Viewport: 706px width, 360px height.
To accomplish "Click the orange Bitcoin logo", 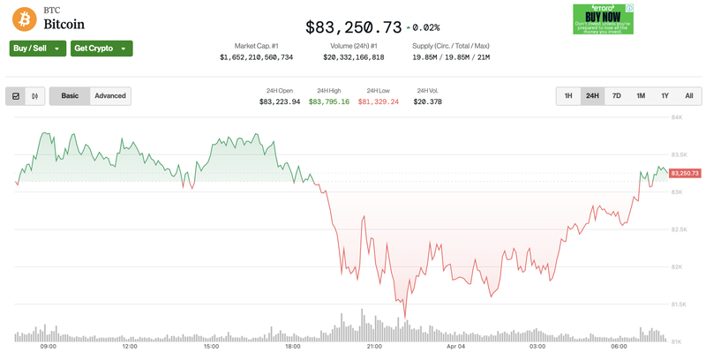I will click(x=25, y=17).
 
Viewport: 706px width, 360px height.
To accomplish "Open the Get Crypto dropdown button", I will click(x=101, y=49).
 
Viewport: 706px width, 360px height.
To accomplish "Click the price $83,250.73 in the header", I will click(x=353, y=27).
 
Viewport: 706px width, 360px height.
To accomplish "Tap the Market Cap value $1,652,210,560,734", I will click(x=256, y=57).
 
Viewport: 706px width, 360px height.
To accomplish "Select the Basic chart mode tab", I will click(x=70, y=96).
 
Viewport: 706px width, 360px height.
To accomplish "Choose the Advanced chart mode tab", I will click(x=110, y=96).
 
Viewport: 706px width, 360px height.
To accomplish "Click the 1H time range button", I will click(x=568, y=96).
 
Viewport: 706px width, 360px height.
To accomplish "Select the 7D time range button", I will click(x=617, y=96).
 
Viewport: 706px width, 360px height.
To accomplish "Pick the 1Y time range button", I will click(x=665, y=96).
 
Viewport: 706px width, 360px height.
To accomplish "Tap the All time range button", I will click(x=688, y=96).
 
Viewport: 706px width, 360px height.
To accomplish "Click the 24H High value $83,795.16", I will click(x=329, y=102).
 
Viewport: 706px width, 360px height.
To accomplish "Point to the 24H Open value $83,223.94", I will click(x=280, y=102).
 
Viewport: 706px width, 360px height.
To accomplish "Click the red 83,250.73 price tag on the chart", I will click(x=685, y=173).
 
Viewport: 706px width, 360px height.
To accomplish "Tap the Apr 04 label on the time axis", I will click(x=456, y=347).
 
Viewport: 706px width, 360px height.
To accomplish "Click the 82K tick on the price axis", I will click(x=678, y=267).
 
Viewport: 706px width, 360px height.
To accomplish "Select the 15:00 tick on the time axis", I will click(x=211, y=347).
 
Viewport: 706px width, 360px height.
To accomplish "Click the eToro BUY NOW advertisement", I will click(x=603, y=19).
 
